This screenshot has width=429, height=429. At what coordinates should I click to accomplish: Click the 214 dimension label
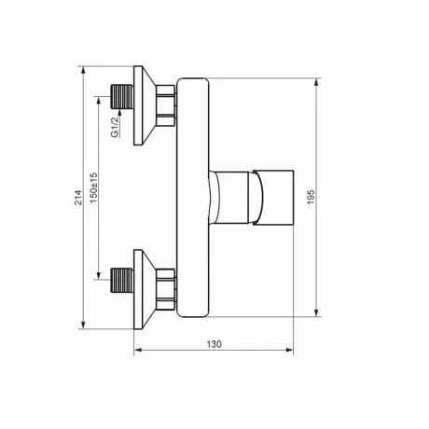79,198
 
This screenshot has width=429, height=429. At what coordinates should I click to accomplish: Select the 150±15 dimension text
94,188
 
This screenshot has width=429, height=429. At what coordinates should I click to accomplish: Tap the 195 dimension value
311,197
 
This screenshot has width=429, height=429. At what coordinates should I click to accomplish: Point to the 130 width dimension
214,344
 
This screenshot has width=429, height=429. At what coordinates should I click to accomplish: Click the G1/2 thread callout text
115,127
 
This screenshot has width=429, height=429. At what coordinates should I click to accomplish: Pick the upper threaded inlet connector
122,97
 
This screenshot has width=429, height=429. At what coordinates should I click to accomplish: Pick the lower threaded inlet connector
122,280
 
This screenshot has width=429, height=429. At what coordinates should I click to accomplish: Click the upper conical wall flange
145,105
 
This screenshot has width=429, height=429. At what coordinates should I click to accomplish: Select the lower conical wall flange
145,289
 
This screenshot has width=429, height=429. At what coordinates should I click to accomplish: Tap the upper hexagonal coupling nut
166,105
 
